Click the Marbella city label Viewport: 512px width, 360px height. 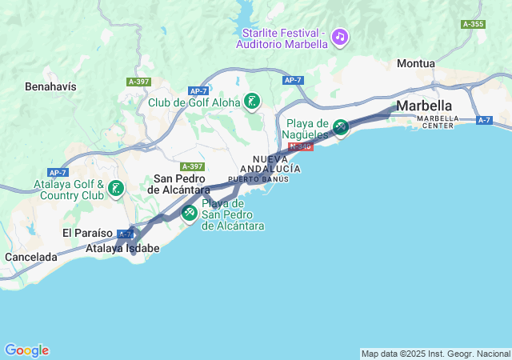[x=424, y=106]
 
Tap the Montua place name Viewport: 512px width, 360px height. [x=416, y=63]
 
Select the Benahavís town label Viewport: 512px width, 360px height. [x=50, y=85]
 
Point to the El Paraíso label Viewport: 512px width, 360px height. [x=87, y=233]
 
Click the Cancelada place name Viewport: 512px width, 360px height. [x=30, y=257]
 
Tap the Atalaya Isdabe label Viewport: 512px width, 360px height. [x=122, y=249]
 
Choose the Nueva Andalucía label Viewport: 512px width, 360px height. [x=276, y=164]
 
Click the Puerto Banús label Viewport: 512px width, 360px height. [x=258, y=179]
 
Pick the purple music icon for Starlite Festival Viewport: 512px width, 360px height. [x=340, y=36]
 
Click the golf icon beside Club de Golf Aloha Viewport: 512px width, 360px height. [x=253, y=101]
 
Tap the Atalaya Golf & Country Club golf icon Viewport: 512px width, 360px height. [x=117, y=189]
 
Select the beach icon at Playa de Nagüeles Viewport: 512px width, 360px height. [x=340, y=126]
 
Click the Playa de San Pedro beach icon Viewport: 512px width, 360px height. [x=190, y=213]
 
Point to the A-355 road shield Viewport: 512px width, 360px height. [x=473, y=24]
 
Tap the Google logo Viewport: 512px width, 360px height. [x=26, y=350]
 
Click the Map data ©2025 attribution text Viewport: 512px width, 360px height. [x=434, y=353]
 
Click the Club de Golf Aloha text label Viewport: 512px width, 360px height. [x=195, y=102]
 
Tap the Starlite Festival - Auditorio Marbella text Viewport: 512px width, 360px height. [x=282, y=38]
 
